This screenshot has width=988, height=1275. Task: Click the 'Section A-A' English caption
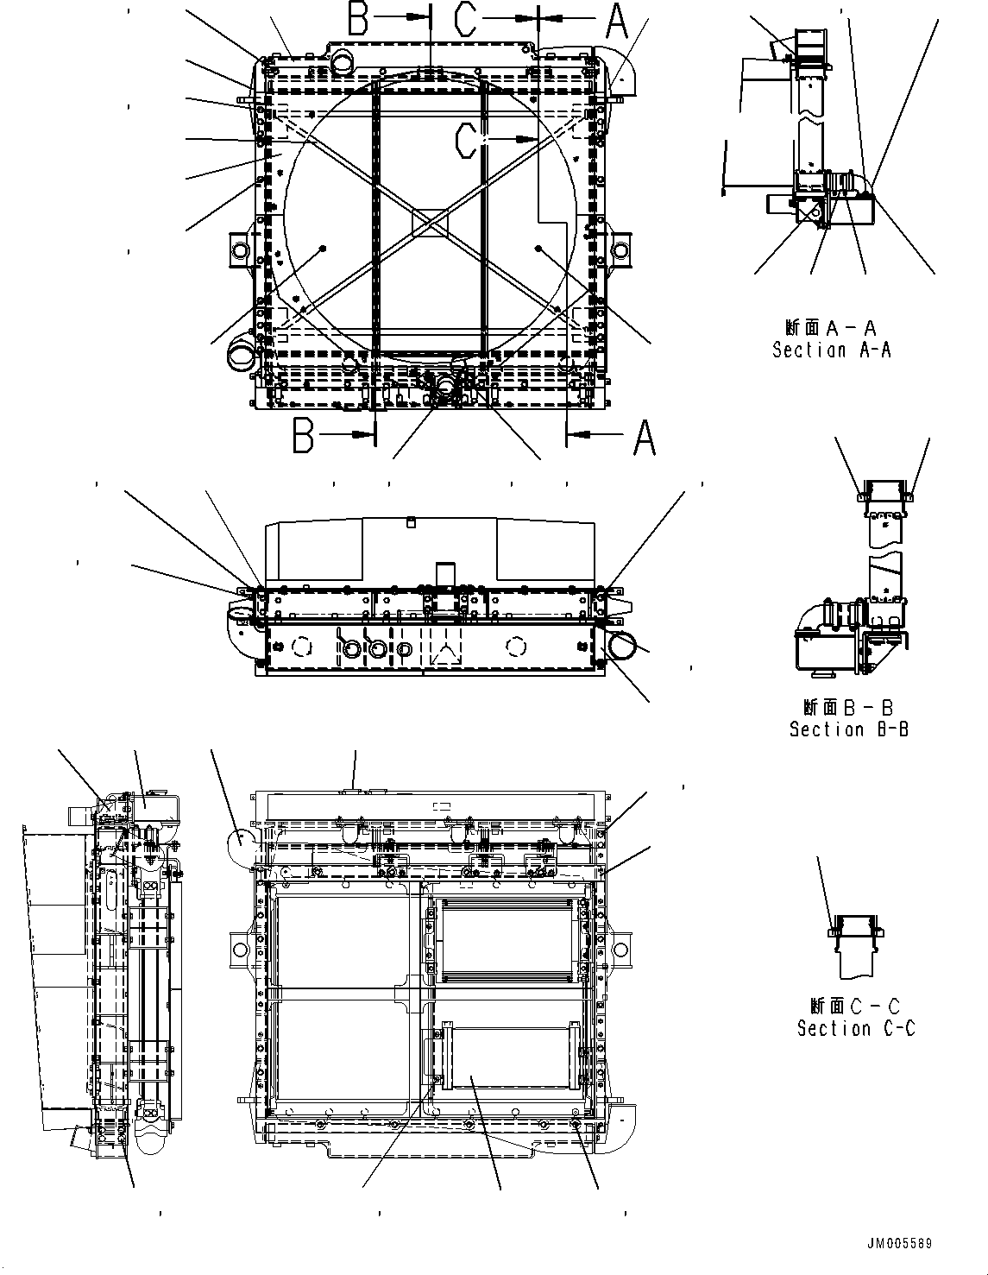831,350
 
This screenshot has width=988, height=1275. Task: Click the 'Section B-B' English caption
848,729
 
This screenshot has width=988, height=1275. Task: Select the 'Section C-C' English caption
855,1028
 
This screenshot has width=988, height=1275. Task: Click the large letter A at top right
616,22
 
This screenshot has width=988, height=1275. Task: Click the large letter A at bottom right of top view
644,438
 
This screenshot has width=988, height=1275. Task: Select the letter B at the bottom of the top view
304,436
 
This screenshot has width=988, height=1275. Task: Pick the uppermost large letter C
466,19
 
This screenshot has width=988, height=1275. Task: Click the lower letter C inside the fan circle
467,141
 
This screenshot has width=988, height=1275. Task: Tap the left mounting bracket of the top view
239,251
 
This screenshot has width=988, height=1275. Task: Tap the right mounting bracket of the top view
620,251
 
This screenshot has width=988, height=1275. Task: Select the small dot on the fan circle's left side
322,249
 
